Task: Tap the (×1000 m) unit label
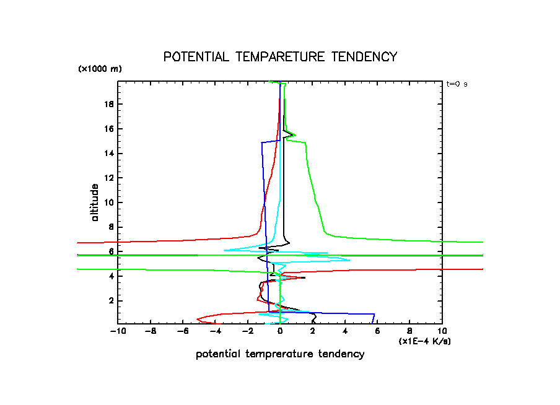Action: tap(100, 69)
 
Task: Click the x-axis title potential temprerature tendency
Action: tap(280, 354)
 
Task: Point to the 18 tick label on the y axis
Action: tap(109, 104)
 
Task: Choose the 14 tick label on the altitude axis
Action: tap(109, 153)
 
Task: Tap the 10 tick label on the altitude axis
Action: tap(109, 202)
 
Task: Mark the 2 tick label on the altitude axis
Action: tap(112, 301)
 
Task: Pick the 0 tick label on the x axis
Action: tap(280, 332)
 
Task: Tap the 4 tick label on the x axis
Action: tap(345, 332)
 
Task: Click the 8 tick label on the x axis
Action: tap(409, 332)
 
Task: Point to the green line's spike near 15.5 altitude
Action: tap(295, 135)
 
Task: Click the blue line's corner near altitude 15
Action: tap(261, 142)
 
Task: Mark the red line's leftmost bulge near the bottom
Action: tap(198, 319)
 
